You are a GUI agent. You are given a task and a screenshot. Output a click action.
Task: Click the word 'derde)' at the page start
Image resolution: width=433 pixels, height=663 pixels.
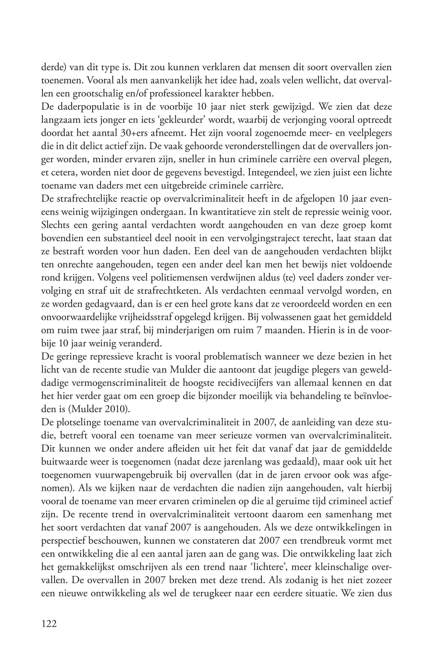(54, 67)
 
